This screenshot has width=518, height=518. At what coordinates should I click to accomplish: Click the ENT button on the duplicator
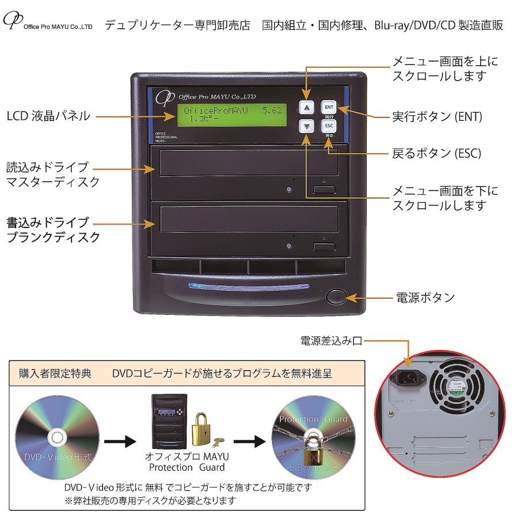pos(329,108)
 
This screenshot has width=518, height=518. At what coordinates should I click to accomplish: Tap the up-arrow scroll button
pos(307,108)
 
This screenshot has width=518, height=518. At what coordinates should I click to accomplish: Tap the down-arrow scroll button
pos(307,127)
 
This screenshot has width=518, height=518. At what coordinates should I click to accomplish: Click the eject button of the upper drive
pos(324,189)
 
